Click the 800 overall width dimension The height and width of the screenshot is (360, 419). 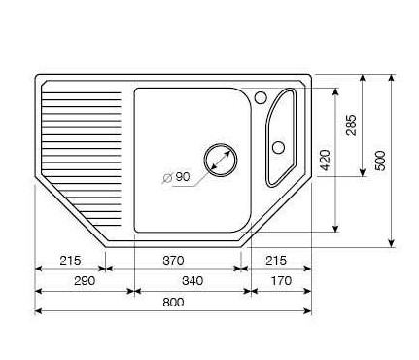(173, 303)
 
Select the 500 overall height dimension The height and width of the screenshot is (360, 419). (380, 161)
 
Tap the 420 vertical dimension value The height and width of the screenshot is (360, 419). (325, 161)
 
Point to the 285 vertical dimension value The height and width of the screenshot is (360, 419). (351, 125)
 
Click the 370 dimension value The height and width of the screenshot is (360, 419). (173, 260)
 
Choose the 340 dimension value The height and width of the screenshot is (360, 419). (192, 280)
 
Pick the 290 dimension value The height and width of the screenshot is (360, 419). (85, 280)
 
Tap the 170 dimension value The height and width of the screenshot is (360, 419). (281, 280)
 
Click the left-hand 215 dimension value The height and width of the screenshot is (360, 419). (70, 260)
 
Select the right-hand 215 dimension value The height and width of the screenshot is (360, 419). (276, 260)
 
